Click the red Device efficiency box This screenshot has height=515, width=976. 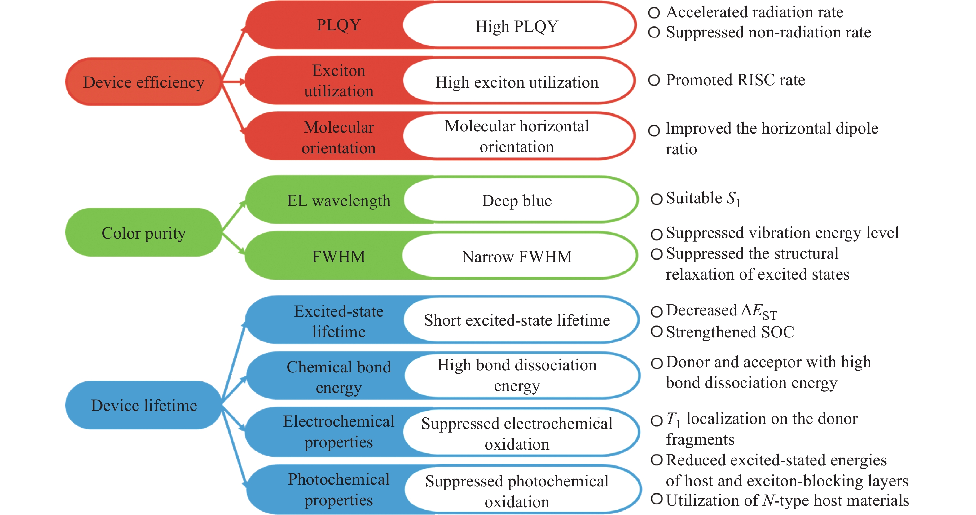coord(143,82)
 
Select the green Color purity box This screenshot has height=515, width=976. coord(143,233)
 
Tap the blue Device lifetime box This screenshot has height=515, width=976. coord(143,405)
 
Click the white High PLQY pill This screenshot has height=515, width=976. coord(517,26)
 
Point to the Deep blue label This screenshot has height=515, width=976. coord(517,200)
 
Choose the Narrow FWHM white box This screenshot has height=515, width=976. coord(517,257)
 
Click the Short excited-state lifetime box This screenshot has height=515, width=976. coord(517,320)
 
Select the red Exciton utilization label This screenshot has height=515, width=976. coord(338,81)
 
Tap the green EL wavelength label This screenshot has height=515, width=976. coord(338,200)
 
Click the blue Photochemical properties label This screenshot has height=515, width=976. coord(338,489)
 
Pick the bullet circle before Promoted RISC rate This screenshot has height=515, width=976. coord(654,80)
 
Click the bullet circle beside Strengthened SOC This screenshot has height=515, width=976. coord(656,332)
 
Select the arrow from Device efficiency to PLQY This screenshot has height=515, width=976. coord(234,52)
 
